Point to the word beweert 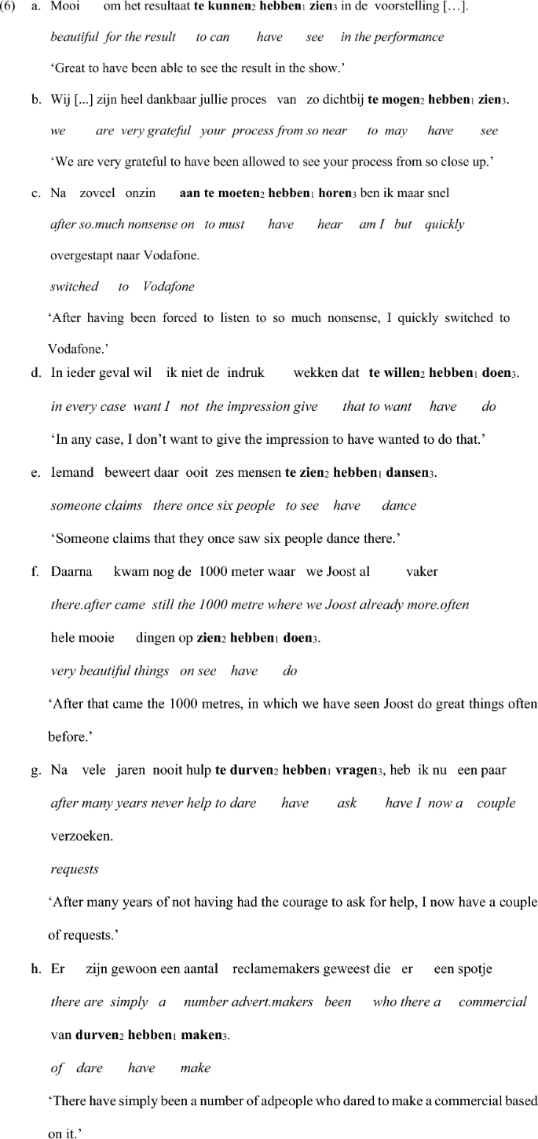click(125, 474)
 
